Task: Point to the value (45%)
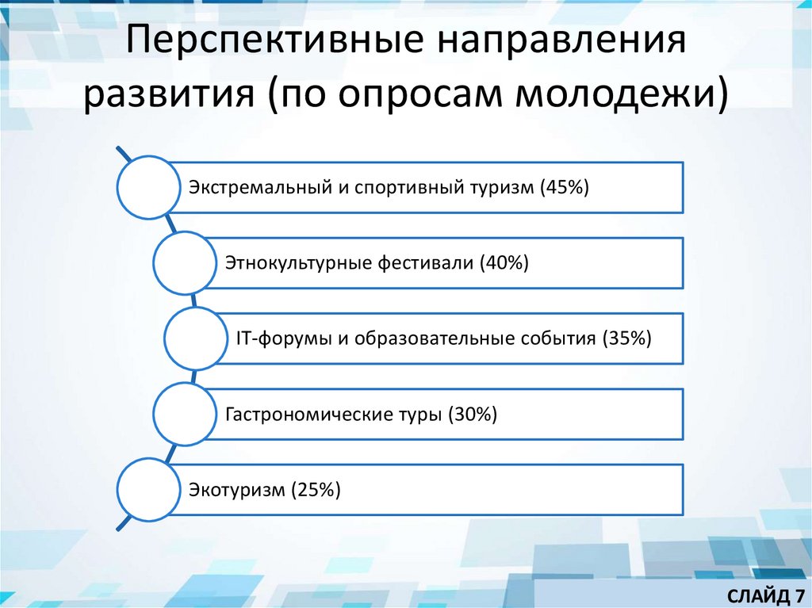564,187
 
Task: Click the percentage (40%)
504,262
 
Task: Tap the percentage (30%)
473,413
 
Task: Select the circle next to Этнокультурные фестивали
185,262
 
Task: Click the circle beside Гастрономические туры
185,413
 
